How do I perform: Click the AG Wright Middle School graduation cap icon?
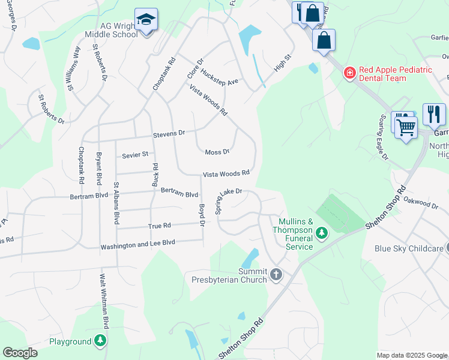(146, 20)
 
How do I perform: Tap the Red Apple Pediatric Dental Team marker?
(349, 73)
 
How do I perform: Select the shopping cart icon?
(406, 127)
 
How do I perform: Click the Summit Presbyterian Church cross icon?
(276, 275)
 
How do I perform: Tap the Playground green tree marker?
(100, 341)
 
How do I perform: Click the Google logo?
(20, 353)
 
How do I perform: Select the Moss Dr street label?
(217, 152)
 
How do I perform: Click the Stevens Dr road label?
(169, 133)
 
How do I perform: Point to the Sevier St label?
(134, 155)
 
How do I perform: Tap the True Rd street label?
(159, 226)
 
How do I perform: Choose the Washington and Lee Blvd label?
(137, 246)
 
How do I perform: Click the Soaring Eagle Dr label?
(382, 137)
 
